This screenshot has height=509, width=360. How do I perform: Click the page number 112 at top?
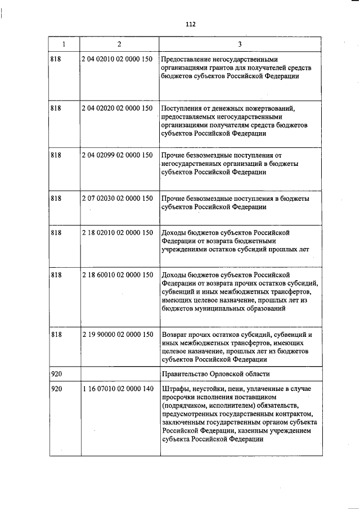tap(189, 24)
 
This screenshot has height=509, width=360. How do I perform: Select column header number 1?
tap(64, 44)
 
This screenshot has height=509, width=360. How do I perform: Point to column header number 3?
tap(240, 44)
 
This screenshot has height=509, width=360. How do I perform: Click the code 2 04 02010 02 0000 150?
tap(118, 59)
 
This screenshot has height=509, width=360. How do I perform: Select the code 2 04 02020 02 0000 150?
tap(118, 107)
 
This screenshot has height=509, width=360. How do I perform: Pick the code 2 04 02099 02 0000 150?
tap(118, 155)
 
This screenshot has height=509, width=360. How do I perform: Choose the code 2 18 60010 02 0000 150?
tap(118, 275)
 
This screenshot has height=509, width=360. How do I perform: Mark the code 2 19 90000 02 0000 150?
tap(118, 334)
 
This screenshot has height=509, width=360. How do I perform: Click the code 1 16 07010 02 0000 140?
tap(118, 389)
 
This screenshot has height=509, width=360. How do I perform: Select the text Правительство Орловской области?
tap(215, 374)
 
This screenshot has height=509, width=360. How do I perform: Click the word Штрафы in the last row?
tap(173, 389)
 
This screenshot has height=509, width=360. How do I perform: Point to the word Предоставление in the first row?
tap(188, 59)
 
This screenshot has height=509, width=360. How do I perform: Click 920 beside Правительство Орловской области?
tap(56, 374)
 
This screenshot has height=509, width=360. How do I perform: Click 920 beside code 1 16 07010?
tap(56, 389)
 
